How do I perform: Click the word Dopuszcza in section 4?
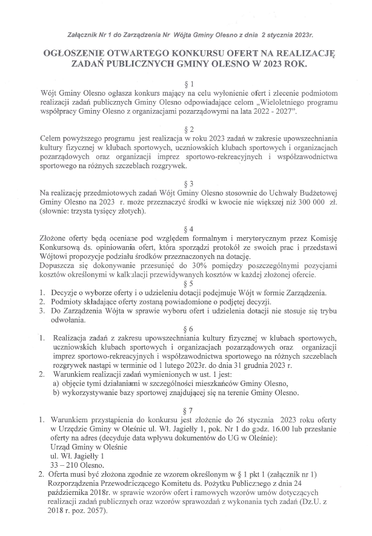tap(58, 265)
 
